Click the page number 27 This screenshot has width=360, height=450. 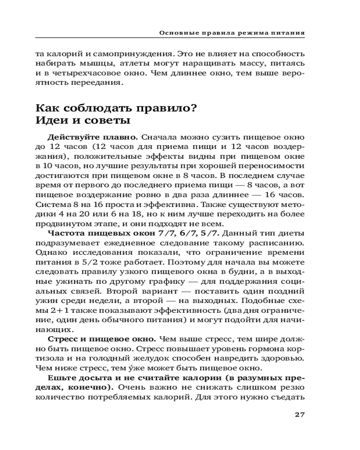(300, 414)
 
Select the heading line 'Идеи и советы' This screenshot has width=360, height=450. (83, 121)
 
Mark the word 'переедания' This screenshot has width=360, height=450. (96, 82)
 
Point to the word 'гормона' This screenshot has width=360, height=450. (265, 349)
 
